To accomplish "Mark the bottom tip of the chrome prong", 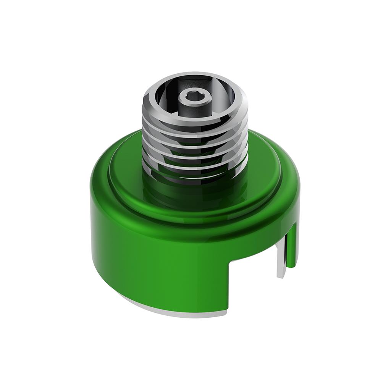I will tap(280, 276).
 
